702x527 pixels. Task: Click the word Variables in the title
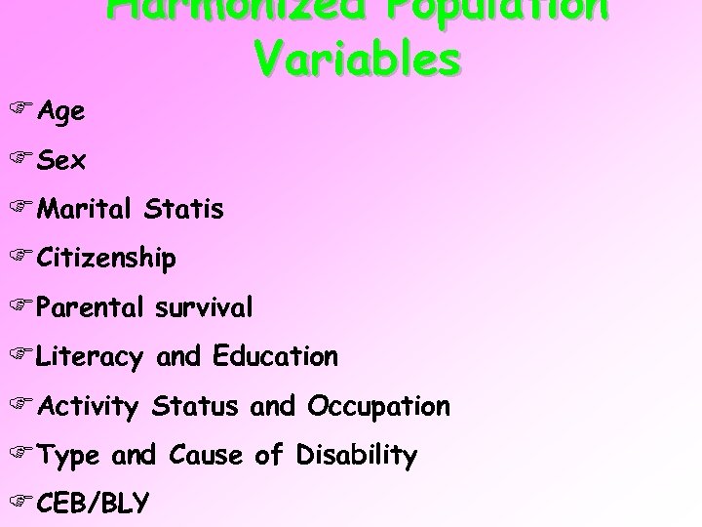358,58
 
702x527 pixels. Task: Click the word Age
61,112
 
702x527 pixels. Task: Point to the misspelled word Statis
182,208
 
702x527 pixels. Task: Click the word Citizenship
106,258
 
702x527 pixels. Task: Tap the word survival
204,307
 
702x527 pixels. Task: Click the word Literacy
92,357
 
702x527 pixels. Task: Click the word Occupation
378,405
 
